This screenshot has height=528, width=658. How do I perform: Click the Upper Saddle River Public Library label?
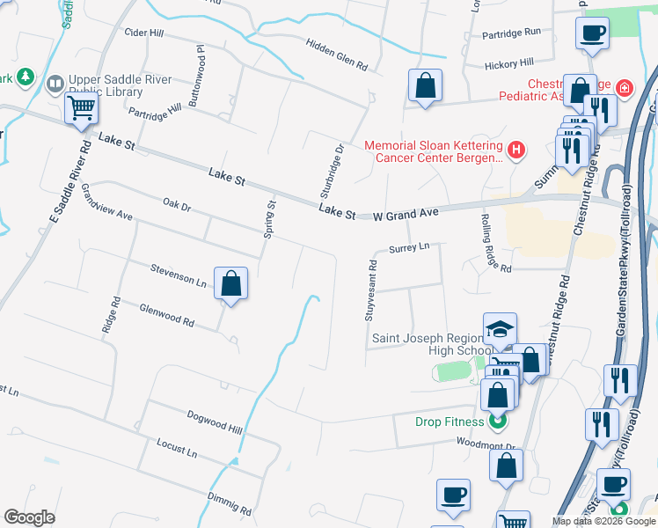(x=111, y=85)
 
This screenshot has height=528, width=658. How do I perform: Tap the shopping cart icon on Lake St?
(x=81, y=108)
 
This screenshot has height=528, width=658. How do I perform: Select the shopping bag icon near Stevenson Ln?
(x=230, y=283)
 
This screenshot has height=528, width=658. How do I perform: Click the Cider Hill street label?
(x=146, y=33)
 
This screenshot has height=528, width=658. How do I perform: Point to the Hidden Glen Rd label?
(x=335, y=54)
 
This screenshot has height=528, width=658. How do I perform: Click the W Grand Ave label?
(x=405, y=214)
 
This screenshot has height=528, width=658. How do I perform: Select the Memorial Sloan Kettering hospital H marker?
(x=515, y=150)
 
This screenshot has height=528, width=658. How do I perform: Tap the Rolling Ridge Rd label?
(x=496, y=243)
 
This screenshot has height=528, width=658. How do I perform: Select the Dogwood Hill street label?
(x=214, y=420)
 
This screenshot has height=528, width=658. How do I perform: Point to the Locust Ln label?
(x=177, y=447)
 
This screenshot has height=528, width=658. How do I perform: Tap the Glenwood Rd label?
(x=166, y=314)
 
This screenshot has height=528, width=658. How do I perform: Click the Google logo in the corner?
(x=29, y=517)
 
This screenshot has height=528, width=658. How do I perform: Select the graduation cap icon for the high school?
(x=500, y=330)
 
